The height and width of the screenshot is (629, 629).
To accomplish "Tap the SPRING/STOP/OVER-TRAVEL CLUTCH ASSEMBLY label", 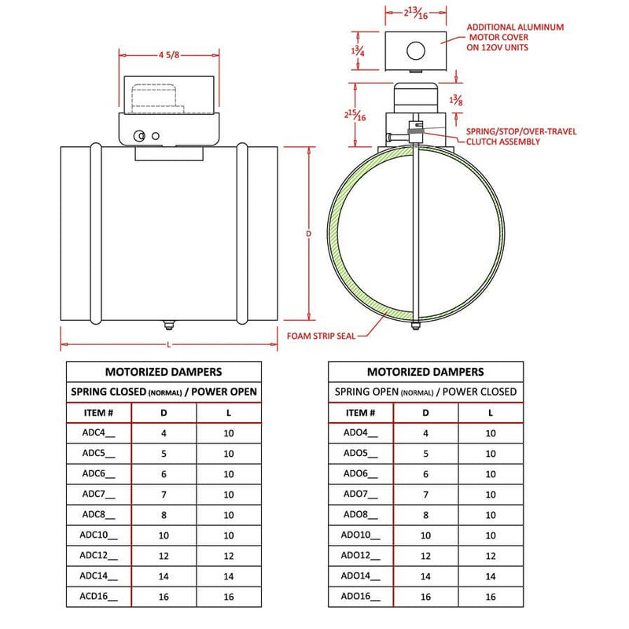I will coord(521,137).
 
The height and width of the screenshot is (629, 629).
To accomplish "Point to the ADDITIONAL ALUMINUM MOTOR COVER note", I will coord(516,37).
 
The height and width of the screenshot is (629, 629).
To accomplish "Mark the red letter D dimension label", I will coord(308,234).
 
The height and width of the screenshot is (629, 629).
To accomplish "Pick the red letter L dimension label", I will coord(169,345).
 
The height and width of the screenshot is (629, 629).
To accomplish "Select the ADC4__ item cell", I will coord(98,432).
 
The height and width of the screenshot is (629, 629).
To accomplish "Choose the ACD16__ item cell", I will coord(98,597).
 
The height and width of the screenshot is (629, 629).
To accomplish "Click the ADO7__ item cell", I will coord(360,494).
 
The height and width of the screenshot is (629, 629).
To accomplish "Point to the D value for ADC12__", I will coord(164,556).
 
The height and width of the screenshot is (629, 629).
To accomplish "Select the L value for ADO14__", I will coord(491,576).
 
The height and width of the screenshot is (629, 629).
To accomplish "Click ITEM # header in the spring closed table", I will coord(98,412).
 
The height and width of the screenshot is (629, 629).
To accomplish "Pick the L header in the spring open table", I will coord(491,412).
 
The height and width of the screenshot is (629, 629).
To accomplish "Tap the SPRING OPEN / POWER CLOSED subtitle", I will coord(425,392).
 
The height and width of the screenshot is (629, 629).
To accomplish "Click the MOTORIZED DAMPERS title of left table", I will coord(164,372).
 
